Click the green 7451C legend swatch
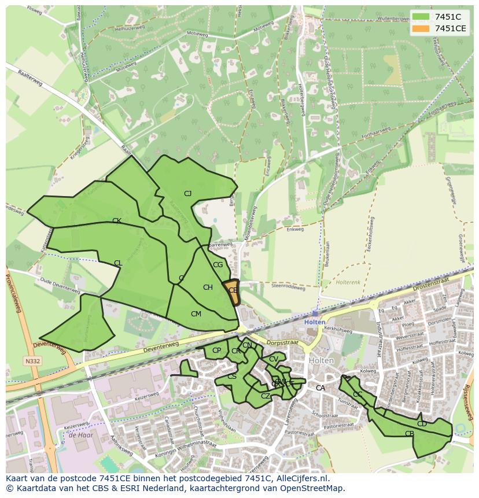(420, 17)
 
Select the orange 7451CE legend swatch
(420, 28)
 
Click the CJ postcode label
(187, 194)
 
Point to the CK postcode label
(116, 221)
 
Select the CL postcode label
(118, 263)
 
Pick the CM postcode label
(196, 314)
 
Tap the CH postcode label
(208, 287)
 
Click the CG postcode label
(218, 265)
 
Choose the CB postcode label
(409, 434)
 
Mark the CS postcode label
(231, 377)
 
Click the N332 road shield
(32, 361)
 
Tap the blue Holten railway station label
(315, 322)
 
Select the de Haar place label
(80, 434)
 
